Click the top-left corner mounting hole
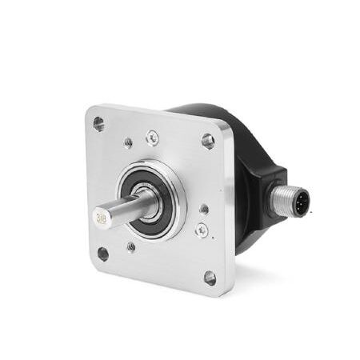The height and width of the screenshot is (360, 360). tap(98, 124)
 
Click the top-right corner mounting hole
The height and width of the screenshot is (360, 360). tap(208, 141)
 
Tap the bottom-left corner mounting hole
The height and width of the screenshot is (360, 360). tap(103, 254)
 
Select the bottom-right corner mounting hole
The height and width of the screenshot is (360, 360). tap(210, 278)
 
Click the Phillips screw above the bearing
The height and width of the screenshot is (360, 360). tap(152, 138)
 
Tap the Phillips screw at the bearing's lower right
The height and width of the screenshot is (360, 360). tap(202, 230)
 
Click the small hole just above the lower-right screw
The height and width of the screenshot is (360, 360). tap(204, 209)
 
